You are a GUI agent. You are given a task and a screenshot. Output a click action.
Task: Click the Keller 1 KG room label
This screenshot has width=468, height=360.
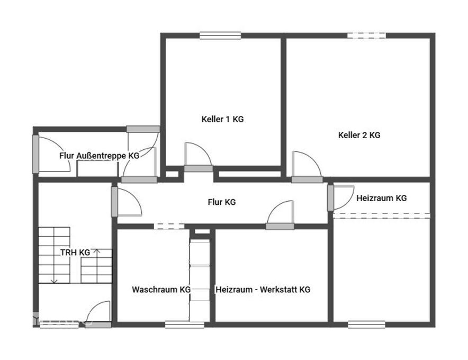click(x=222, y=119)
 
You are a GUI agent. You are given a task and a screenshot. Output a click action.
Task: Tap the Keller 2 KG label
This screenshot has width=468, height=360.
click(x=359, y=135)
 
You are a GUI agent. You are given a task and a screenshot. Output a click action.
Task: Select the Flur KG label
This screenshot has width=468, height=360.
click(x=221, y=202)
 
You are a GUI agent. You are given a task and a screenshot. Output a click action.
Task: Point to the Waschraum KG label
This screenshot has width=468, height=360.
click(x=161, y=290)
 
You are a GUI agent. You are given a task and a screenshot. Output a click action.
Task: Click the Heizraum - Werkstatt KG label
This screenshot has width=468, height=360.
click(x=263, y=290)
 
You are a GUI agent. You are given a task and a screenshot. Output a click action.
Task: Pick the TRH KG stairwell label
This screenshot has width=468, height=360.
click(x=75, y=252)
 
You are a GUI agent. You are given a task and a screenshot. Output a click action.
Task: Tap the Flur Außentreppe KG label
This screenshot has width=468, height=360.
click(x=100, y=156)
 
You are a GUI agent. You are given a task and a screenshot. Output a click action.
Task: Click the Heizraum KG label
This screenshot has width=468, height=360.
click(x=382, y=198)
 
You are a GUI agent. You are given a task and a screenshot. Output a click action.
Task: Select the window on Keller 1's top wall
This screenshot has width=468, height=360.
click(x=220, y=35)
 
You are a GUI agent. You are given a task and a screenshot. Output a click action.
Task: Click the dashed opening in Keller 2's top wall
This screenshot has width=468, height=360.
click(x=366, y=35)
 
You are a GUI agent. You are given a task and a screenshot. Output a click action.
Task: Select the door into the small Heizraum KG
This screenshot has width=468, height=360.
click(x=340, y=197)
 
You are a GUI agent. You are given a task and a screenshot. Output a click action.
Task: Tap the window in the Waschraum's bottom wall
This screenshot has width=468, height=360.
click(x=184, y=325)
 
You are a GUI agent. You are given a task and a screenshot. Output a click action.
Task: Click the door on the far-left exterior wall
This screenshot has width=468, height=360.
click(x=51, y=154)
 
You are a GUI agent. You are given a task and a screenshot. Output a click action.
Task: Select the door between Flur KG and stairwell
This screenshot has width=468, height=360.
click(x=126, y=202)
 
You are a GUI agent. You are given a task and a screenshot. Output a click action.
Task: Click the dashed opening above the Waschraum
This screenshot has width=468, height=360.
click(x=169, y=226)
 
